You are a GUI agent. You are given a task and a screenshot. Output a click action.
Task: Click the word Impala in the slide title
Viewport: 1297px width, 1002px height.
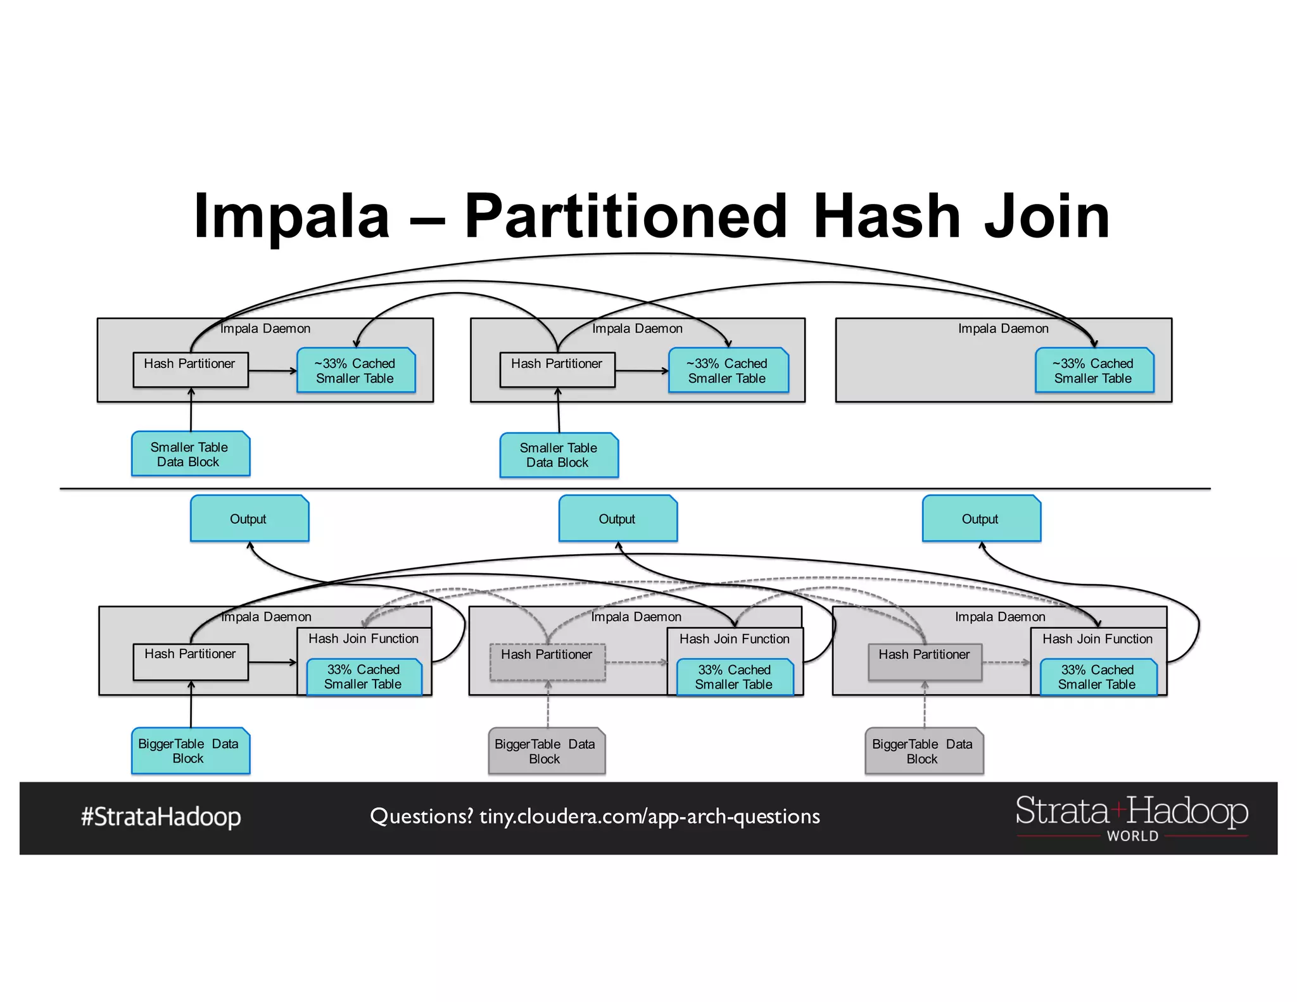click(291, 217)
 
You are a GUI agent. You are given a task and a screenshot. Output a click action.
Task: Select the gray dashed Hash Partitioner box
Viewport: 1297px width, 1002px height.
click(548, 662)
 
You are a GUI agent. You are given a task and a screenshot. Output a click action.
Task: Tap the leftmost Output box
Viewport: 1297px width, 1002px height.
click(250, 519)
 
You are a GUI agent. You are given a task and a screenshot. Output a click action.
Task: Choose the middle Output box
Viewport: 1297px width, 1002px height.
click(617, 519)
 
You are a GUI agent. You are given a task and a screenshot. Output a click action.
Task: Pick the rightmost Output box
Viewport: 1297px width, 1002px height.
click(981, 519)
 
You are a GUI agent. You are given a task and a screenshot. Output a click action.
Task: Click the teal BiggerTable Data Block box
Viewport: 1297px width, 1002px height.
click(190, 751)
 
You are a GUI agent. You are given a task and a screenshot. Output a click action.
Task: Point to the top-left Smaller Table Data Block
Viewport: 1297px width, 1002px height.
click(190, 454)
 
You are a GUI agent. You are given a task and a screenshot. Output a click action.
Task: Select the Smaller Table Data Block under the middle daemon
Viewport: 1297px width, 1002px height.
click(559, 455)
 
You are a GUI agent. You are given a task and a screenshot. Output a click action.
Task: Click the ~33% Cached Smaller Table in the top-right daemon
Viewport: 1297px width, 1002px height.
click(1094, 371)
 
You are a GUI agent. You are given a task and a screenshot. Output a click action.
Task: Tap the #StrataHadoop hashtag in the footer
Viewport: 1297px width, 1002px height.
click(161, 816)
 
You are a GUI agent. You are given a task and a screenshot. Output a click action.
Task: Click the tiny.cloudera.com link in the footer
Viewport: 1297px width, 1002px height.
click(649, 816)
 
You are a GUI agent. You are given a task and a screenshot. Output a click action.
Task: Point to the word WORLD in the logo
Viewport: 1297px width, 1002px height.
click(1132, 836)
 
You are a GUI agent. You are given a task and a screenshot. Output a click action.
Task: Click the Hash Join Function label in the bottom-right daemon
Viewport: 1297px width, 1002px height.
click(1098, 639)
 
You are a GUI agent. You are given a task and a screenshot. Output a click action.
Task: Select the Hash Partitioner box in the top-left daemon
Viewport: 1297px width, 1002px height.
click(190, 369)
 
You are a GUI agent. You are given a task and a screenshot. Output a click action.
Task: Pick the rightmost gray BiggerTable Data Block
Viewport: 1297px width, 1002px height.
click(923, 751)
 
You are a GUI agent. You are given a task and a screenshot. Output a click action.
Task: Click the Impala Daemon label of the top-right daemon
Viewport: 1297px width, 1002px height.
click(1003, 329)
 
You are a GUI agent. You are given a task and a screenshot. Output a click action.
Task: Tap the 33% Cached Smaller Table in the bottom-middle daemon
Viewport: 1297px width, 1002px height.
click(735, 677)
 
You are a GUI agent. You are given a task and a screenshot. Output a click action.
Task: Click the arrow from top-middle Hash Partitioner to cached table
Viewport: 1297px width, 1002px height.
click(642, 371)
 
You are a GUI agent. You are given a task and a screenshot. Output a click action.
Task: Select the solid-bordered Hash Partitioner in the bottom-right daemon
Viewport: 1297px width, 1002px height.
click(925, 662)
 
